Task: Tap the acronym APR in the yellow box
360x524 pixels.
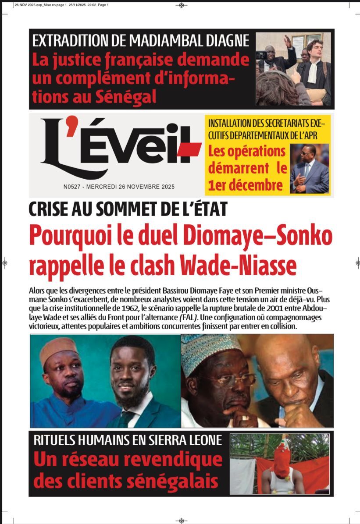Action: point(309,135)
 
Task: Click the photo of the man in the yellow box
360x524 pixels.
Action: point(309,169)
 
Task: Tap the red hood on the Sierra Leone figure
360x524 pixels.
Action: point(281,456)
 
